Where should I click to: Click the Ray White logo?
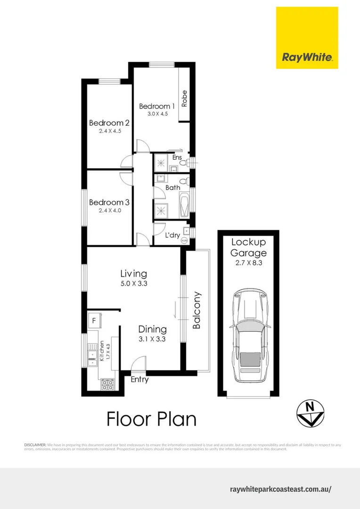point(307,38)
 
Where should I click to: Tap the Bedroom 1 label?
point(157,107)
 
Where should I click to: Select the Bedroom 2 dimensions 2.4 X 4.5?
point(110,131)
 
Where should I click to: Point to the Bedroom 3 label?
point(109,203)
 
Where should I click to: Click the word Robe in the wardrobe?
point(185,98)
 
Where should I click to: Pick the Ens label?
point(177,157)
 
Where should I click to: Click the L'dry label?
point(172,235)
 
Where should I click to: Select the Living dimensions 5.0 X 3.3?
point(133,284)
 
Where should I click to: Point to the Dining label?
point(152,329)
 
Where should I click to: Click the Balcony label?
point(197,311)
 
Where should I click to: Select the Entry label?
point(139,379)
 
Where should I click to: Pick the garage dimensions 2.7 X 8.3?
point(248,263)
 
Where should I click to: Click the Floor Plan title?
point(151,419)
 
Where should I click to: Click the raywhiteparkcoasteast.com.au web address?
point(280,489)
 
